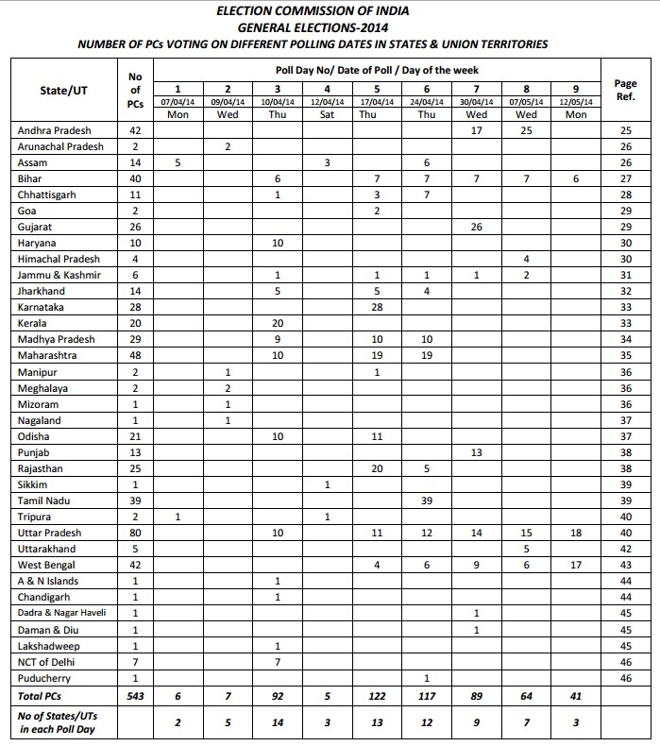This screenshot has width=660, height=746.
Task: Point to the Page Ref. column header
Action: (624, 90)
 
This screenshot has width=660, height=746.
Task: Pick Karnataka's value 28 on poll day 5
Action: (377, 307)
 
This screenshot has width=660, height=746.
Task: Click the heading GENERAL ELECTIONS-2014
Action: (330, 27)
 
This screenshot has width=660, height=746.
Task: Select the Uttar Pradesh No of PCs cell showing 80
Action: (134, 533)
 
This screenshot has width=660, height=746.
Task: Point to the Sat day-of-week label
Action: (326, 115)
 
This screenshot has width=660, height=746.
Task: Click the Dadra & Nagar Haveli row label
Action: (62, 613)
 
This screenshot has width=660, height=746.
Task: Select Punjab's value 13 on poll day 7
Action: (477, 452)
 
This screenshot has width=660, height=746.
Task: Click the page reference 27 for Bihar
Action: (624, 178)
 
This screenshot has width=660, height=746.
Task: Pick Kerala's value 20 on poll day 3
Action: (278, 323)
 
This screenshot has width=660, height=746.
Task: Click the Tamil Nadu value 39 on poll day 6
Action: (426, 500)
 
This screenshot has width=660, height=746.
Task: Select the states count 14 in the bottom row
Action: (278, 722)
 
